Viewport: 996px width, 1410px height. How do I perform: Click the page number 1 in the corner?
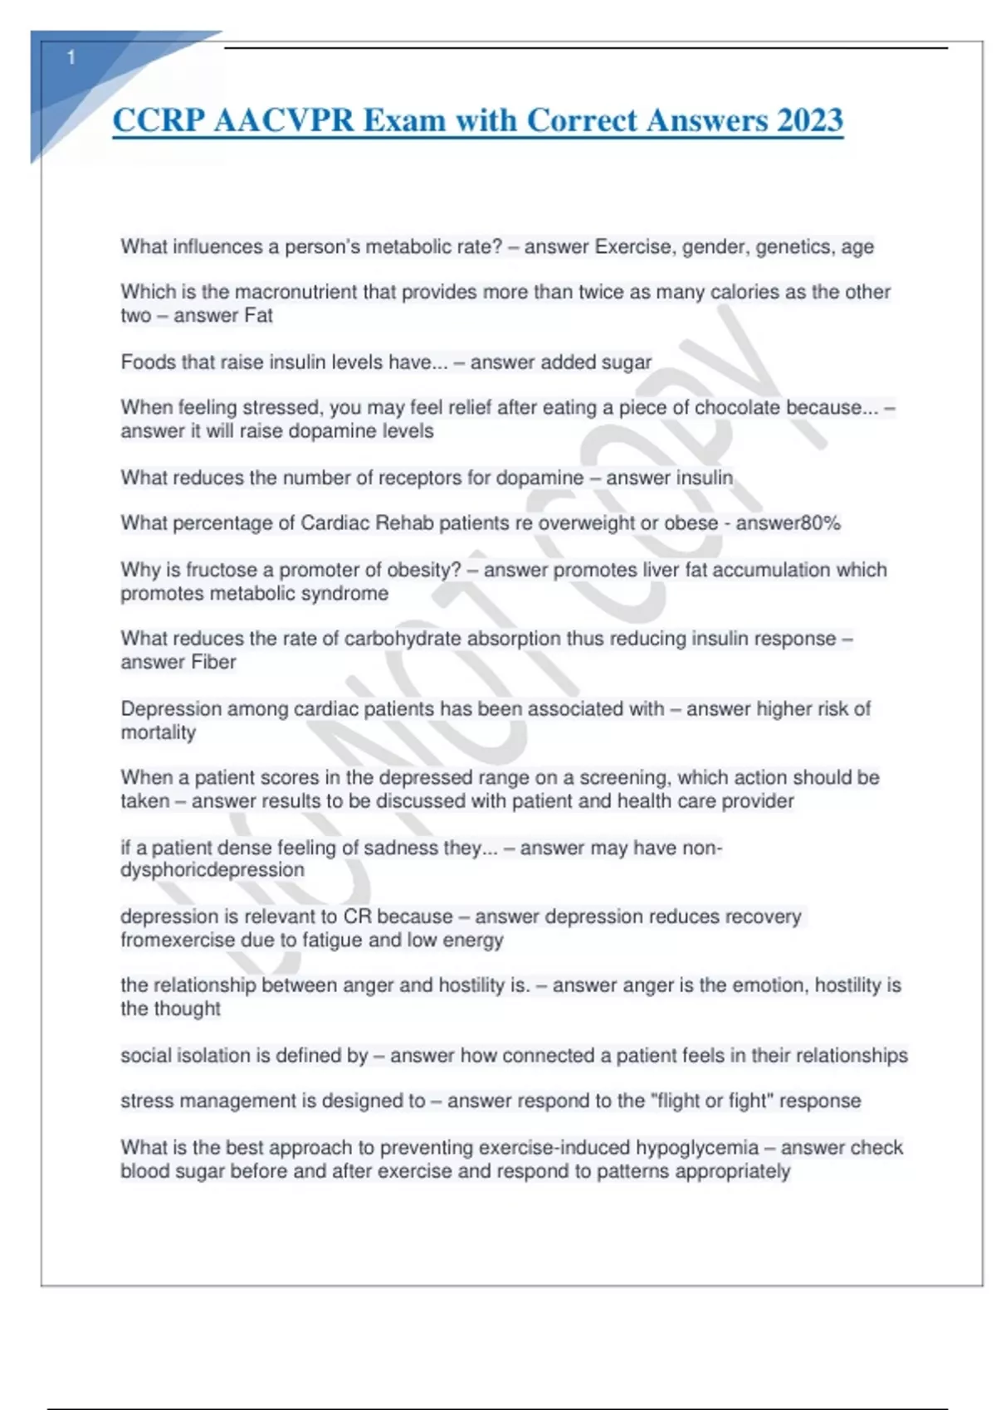click(x=71, y=57)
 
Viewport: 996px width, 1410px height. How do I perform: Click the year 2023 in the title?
click(x=810, y=120)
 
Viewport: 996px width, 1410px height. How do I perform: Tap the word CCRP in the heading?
click(x=159, y=120)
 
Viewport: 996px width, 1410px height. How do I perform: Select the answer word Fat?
click(x=258, y=315)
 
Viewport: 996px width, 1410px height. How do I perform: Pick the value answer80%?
click(x=788, y=523)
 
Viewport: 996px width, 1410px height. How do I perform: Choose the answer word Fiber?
click(x=214, y=662)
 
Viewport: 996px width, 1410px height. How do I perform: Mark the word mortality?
click(x=159, y=732)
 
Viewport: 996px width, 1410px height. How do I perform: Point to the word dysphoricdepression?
click(x=212, y=870)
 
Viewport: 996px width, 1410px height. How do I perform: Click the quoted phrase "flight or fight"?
click(x=712, y=1101)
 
